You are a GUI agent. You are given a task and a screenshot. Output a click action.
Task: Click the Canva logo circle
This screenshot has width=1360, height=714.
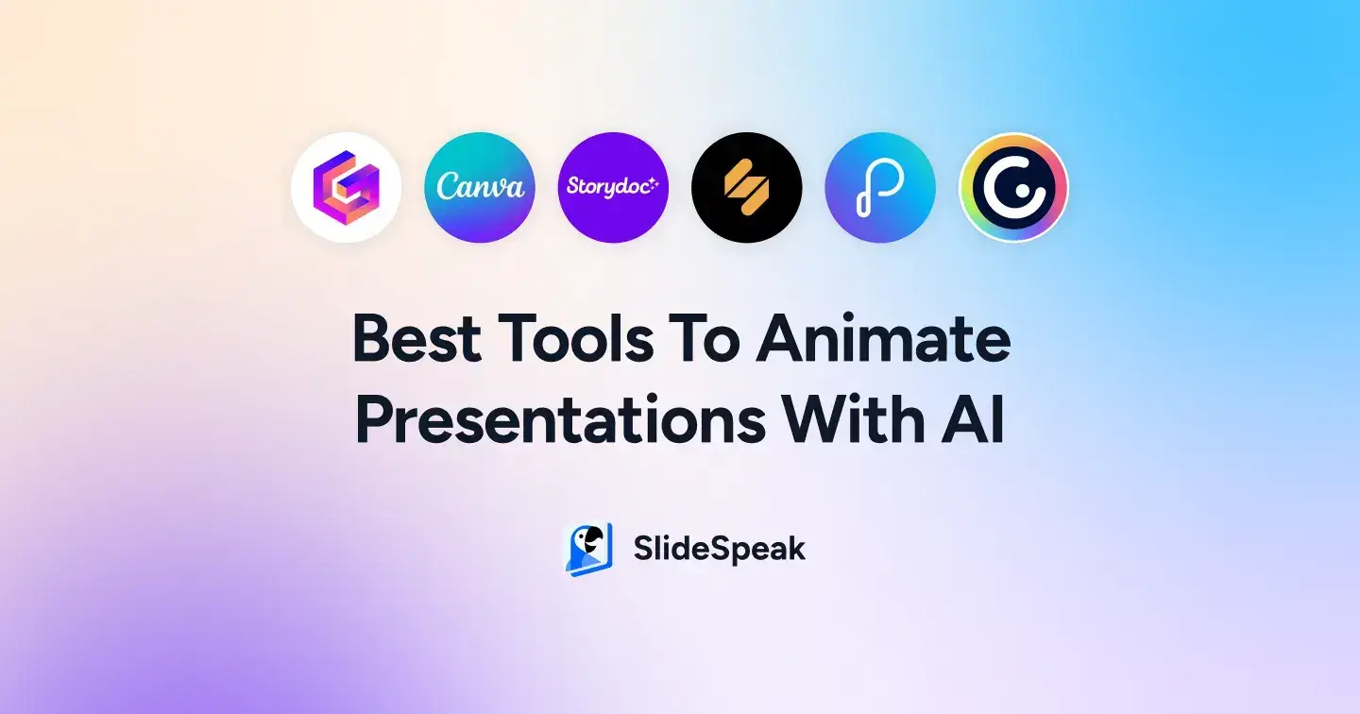[x=480, y=187]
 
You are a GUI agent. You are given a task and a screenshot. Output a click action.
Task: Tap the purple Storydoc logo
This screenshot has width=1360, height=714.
[x=613, y=187]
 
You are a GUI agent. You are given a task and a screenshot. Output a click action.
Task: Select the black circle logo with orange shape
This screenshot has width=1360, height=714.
[x=746, y=187]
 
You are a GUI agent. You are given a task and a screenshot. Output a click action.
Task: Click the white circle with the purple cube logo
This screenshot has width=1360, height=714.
[x=347, y=187]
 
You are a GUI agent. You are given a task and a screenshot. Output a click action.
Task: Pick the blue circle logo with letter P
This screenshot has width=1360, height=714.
[x=880, y=187]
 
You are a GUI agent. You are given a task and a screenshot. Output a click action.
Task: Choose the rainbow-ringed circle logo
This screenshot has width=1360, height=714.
[x=1013, y=187]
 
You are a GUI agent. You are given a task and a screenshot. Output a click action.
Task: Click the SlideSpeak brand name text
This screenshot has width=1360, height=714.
[x=719, y=549]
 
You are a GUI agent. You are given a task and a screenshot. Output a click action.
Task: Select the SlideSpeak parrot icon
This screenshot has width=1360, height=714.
[x=588, y=549]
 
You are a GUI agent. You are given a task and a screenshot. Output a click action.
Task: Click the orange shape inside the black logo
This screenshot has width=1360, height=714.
[x=746, y=187]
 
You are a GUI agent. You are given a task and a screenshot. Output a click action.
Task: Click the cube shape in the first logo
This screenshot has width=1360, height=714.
[x=347, y=187]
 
